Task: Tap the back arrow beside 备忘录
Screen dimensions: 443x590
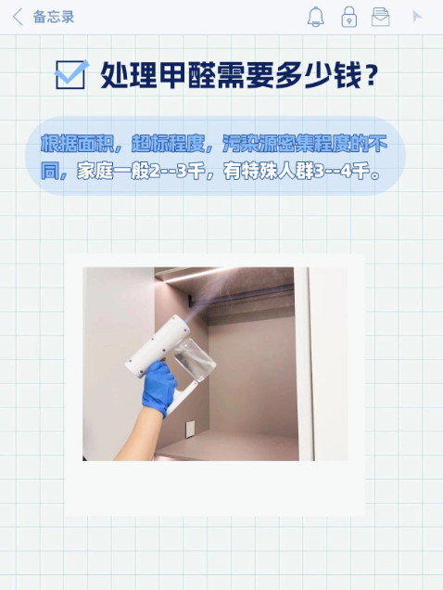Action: pyautogui.click(x=18, y=18)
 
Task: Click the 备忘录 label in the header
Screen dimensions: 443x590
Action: pyautogui.click(x=54, y=18)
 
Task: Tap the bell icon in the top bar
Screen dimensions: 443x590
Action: pyautogui.click(x=315, y=17)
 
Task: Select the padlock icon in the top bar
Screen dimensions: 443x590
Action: pyautogui.click(x=349, y=17)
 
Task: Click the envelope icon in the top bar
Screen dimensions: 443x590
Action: pyautogui.click(x=381, y=17)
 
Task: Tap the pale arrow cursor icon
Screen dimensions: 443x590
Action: pyautogui.click(x=417, y=17)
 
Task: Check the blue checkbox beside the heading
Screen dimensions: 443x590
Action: pyautogui.click(x=71, y=74)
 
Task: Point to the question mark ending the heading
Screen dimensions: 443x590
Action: pyautogui.click(x=371, y=75)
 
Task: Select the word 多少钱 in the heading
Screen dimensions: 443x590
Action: pyautogui.click(x=319, y=75)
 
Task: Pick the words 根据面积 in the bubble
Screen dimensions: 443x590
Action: pyautogui.click(x=77, y=144)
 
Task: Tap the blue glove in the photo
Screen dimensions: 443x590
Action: pyautogui.click(x=158, y=388)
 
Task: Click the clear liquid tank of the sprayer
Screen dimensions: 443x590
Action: pyautogui.click(x=195, y=359)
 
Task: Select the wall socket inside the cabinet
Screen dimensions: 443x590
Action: pyautogui.click(x=190, y=429)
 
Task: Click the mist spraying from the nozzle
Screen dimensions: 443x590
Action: pyautogui.click(x=234, y=293)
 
